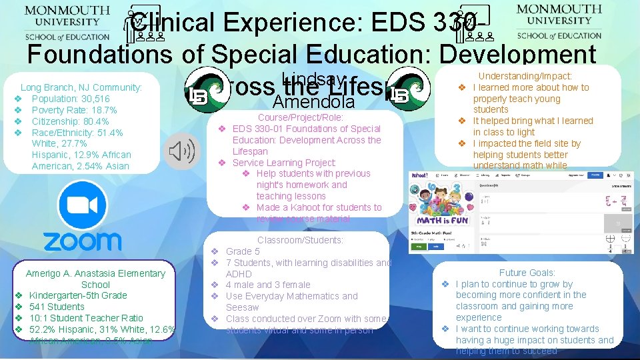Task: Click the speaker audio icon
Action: pos(181,152)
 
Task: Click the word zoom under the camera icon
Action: pos(83,241)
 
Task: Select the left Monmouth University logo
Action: pos(67,23)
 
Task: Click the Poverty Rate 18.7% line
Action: pos(74,110)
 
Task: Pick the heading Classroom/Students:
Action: pos(300,240)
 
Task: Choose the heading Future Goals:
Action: pos(527,272)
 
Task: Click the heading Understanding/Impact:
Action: pos(525,77)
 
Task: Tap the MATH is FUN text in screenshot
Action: pos(443,220)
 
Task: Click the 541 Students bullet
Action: pos(57,307)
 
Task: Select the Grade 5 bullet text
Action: pos(243,251)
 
